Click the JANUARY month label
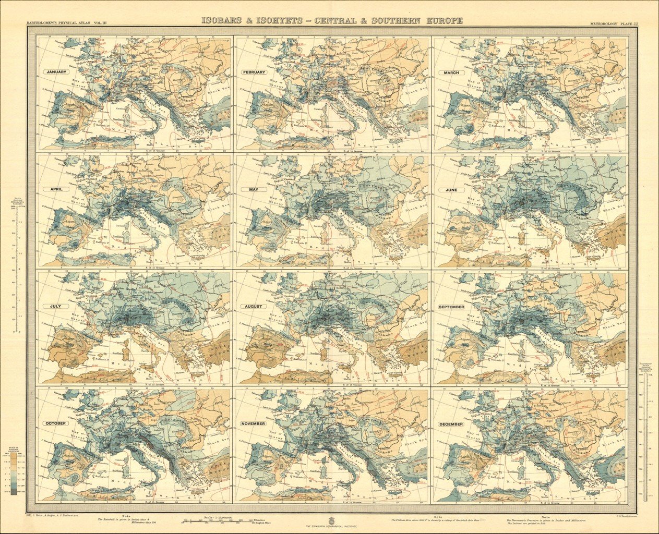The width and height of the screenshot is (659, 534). tap(55, 72)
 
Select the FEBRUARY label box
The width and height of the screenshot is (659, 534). tap(254, 72)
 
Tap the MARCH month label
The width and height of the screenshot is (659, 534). tap(452, 72)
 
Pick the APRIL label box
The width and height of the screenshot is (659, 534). tap(55, 189)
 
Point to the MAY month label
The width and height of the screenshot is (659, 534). tap(254, 189)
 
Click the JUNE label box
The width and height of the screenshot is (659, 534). tap(452, 190)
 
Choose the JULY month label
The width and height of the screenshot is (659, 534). tap(55, 306)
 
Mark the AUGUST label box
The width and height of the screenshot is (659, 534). tap(254, 306)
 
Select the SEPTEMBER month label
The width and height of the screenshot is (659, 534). tap(452, 307)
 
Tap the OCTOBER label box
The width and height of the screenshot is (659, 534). tap(55, 423)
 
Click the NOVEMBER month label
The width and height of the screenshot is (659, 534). tap(254, 423)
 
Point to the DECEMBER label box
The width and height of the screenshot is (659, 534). tap(452, 424)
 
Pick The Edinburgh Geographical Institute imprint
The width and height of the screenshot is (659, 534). tap(330, 528)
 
